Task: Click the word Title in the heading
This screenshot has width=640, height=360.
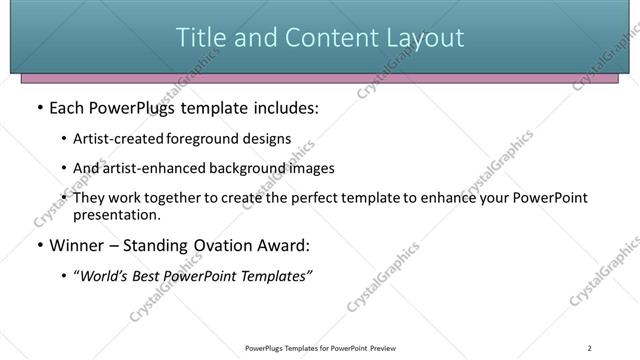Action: click(x=198, y=38)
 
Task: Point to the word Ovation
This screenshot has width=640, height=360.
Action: click(x=219, y=244)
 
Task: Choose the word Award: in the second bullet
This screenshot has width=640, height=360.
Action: click(x=284, y=244)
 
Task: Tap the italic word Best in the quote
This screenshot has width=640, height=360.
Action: click(x=152, y=276)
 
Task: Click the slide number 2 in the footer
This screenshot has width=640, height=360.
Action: click(x=591, y=348)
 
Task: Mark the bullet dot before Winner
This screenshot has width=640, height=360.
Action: click(x=39, y=244)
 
